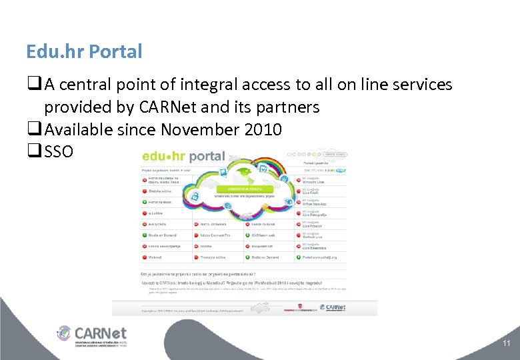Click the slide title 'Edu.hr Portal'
(x=84, y=51)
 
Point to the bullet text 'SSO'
(x=60, y=152)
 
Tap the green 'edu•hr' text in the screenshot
(x=163, y=157)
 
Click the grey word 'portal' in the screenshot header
(x=207, y=157)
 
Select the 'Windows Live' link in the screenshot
(x=313, y=180)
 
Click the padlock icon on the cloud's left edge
(x=196, y=197)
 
